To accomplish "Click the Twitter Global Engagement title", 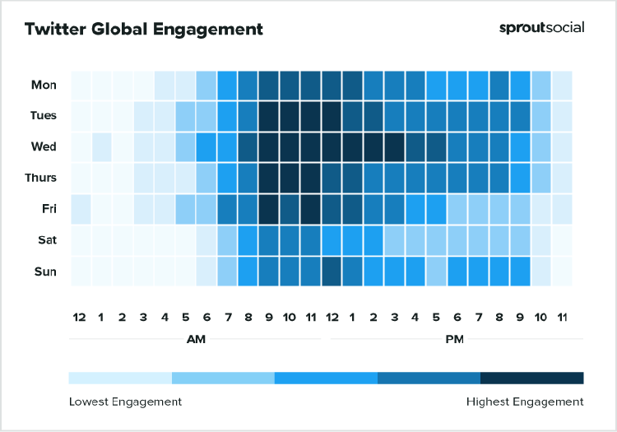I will tap(144, 29).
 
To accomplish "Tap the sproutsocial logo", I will tap(541, 27).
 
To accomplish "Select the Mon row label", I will tap(44, 85).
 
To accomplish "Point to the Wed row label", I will tap(44, 146).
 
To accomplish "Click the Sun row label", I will tap(44, 272).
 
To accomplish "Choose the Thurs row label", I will tap(40, 178).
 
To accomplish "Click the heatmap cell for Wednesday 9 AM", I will tap(269, 146).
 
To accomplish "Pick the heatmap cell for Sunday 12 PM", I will tap(332, 272).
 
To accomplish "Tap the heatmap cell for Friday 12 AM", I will tap(81, 209).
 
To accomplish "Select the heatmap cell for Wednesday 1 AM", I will tap(101, 146).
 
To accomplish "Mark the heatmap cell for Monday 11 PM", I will tap(561, 85).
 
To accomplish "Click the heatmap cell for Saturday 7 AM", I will tap(227, 240).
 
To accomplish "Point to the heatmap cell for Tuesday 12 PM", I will tap(332, 116).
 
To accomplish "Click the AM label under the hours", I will tap(197, 338).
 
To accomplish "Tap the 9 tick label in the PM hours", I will tap(520, 317).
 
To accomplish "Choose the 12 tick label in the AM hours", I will tap(81, 317).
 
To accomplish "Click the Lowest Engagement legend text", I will tap(125, 402).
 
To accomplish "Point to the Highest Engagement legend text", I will tap(525, 402).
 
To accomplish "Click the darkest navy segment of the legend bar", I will tap(531, 378).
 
